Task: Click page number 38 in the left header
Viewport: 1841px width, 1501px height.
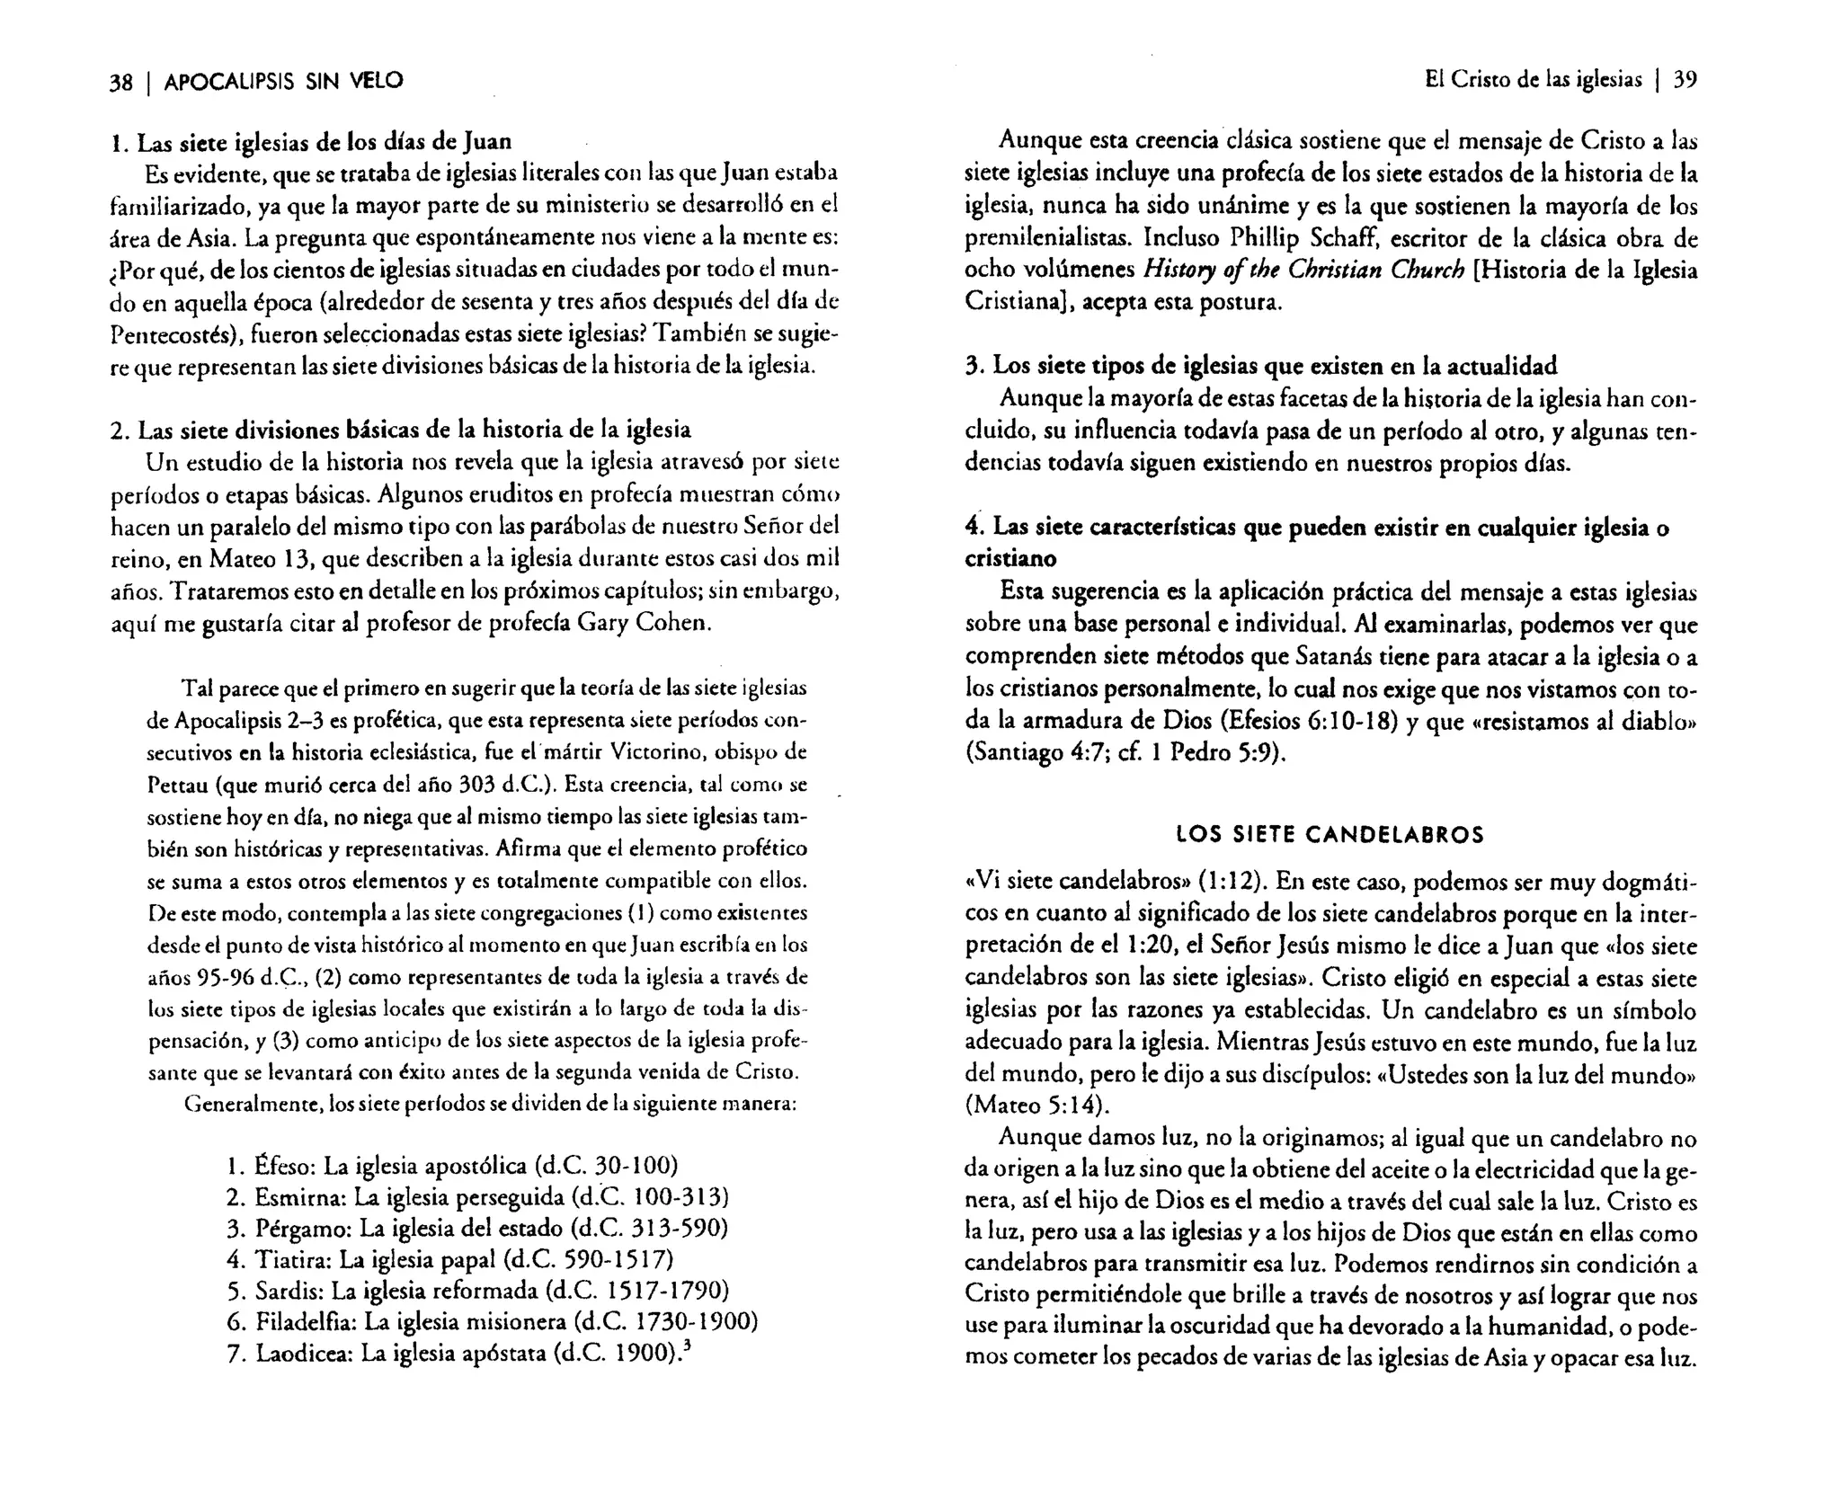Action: coord(120,83)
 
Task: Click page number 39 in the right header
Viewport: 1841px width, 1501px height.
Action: coord(1685,80)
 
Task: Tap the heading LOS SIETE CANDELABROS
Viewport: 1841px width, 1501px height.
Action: coord(1330,835)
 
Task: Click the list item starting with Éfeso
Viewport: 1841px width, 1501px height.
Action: coord(452,1167)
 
